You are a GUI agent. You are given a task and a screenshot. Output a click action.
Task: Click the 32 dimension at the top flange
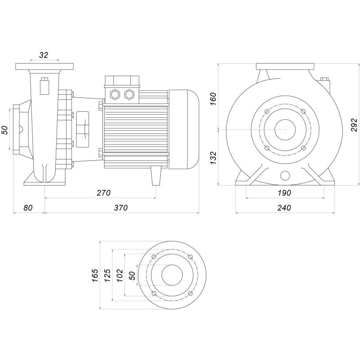44,55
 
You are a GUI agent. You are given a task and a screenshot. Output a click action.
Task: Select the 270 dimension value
104,193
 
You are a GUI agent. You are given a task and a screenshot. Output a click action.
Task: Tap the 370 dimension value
121,208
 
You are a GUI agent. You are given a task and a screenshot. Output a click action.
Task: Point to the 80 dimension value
28,208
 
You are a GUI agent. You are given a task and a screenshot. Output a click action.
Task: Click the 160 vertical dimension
213,99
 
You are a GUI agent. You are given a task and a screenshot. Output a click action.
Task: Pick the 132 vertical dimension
213,158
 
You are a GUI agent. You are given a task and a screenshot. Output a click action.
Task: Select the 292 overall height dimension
354,125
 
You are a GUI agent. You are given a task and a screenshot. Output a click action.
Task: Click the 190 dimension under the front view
284,193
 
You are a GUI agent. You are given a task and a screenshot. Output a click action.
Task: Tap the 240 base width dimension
284,208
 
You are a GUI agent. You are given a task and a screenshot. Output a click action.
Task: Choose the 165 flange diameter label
95,275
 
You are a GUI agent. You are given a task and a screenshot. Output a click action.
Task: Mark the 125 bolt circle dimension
108,275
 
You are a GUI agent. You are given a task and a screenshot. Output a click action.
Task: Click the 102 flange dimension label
120,275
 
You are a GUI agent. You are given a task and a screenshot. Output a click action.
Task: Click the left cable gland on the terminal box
115,94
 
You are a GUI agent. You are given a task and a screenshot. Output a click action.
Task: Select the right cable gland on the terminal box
129,94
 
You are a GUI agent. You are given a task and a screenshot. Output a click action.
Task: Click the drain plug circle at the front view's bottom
285,176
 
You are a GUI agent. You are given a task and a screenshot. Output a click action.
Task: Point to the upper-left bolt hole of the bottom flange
154,257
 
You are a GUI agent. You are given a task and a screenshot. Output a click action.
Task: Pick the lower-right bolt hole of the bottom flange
190,294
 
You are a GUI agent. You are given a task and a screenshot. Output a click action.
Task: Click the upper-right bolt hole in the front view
303,112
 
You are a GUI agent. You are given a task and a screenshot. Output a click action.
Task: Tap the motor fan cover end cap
184,129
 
